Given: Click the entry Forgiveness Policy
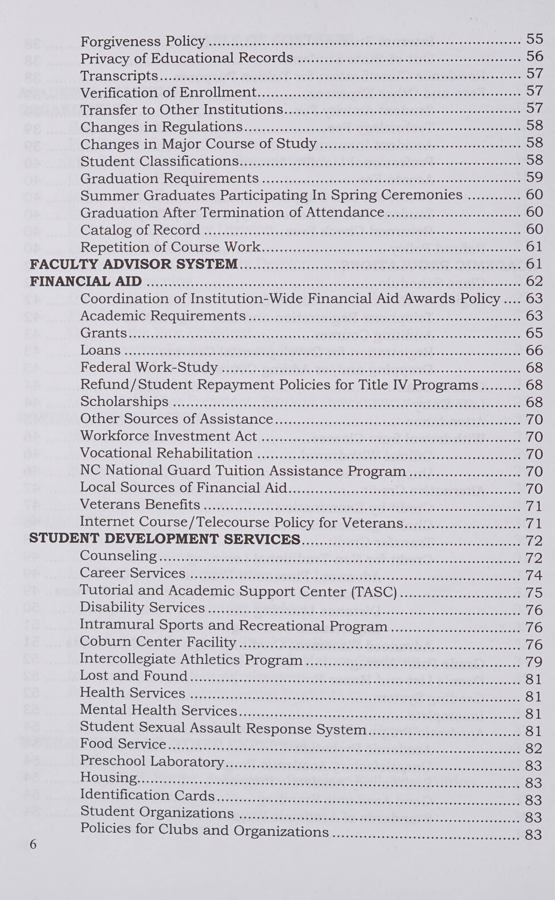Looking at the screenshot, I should pos(142,41).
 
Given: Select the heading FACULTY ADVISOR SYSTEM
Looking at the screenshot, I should pos(134,264).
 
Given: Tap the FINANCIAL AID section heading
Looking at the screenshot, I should pos(85,281).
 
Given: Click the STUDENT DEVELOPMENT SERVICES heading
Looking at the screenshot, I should pos(165,539).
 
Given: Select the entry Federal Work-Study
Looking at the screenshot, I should pos(149,367).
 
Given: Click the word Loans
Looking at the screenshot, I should pos(100,350).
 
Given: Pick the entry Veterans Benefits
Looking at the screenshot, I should pos(140,504).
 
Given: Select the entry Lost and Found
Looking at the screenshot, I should pos(134,676).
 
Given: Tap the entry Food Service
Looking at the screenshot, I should pos(123,743).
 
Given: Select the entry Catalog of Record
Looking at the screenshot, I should pos(140,230).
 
